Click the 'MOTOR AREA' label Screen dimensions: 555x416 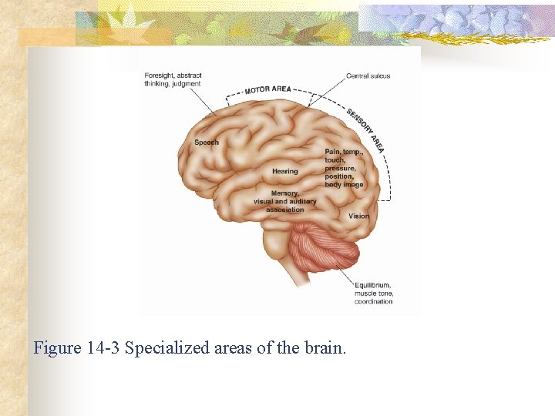pyautogui.click(x=267, y=89)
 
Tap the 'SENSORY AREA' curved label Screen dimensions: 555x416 pyautogui.click(x=365, y=129)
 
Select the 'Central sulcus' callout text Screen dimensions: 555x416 pyautogui.click(x=368, y=76)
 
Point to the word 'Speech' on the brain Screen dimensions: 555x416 pyautogui.click(x=207, y=143)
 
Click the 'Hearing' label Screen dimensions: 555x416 pyautogui.click(x=284, y=171)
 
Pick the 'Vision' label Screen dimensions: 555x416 pyautogui.click(x=358, y=216)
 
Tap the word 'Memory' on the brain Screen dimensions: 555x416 pyautogui.click(x=284, y=193)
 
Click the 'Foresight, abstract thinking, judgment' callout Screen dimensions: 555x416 pyautogui.click(x=173, y=79)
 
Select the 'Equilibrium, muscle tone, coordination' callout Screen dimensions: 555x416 pyautogui.click(x=374, y=293)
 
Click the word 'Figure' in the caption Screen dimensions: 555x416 pyautogui.click(x=56, y=348)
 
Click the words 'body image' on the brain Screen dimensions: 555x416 pyautogui.click(x=344, y=185)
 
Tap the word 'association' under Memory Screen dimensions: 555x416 pyautogui.click(x=285, y=210)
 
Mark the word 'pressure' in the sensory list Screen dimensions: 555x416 pyautogui.click(x=340, y=168)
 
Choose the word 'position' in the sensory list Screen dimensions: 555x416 pyautogui.click(x=339, y=176)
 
